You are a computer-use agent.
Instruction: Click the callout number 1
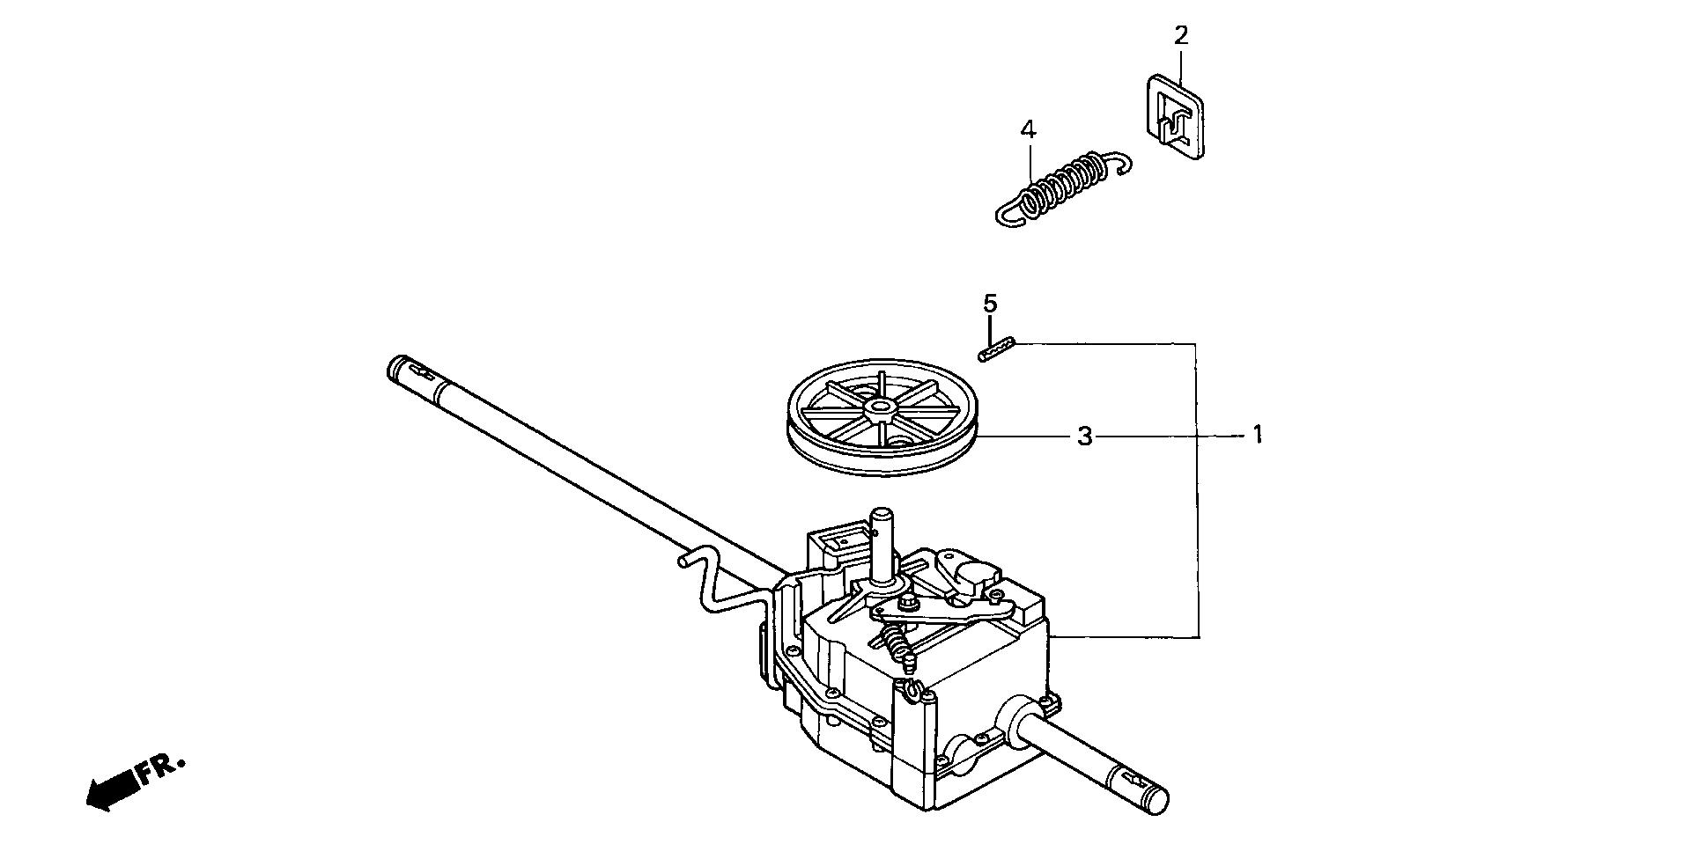coord(1258,435)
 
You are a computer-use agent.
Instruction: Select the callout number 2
coord(1181,36)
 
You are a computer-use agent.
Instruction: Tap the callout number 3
coord(1085,436)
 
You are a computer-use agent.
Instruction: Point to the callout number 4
coord(1028,130)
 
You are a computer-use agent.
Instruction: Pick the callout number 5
coord(991,305)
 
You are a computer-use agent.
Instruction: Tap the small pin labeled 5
coord(997,349)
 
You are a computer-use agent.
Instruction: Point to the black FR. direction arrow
coord(113,789)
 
